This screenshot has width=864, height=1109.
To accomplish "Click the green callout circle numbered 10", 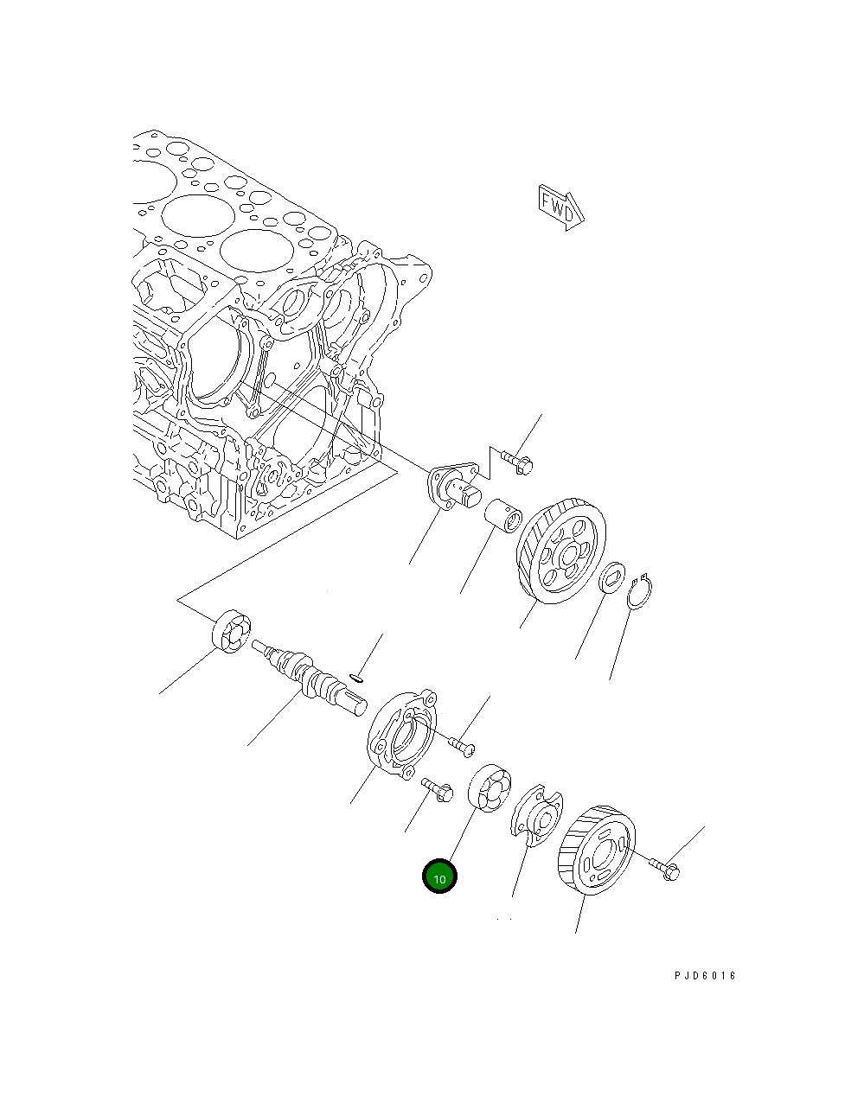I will tap(439, 876).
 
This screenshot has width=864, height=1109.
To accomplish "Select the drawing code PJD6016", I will tap(705, 976).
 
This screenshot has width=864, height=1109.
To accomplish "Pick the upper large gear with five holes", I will tap(561, 550).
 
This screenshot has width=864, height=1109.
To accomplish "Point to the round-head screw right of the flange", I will tap(462, 742).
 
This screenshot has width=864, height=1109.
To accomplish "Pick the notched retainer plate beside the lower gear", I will tap(537, 813).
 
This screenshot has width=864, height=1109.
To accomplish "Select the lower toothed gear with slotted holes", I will tap(598, 851).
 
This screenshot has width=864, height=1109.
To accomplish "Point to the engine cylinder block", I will tap(259, 346).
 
